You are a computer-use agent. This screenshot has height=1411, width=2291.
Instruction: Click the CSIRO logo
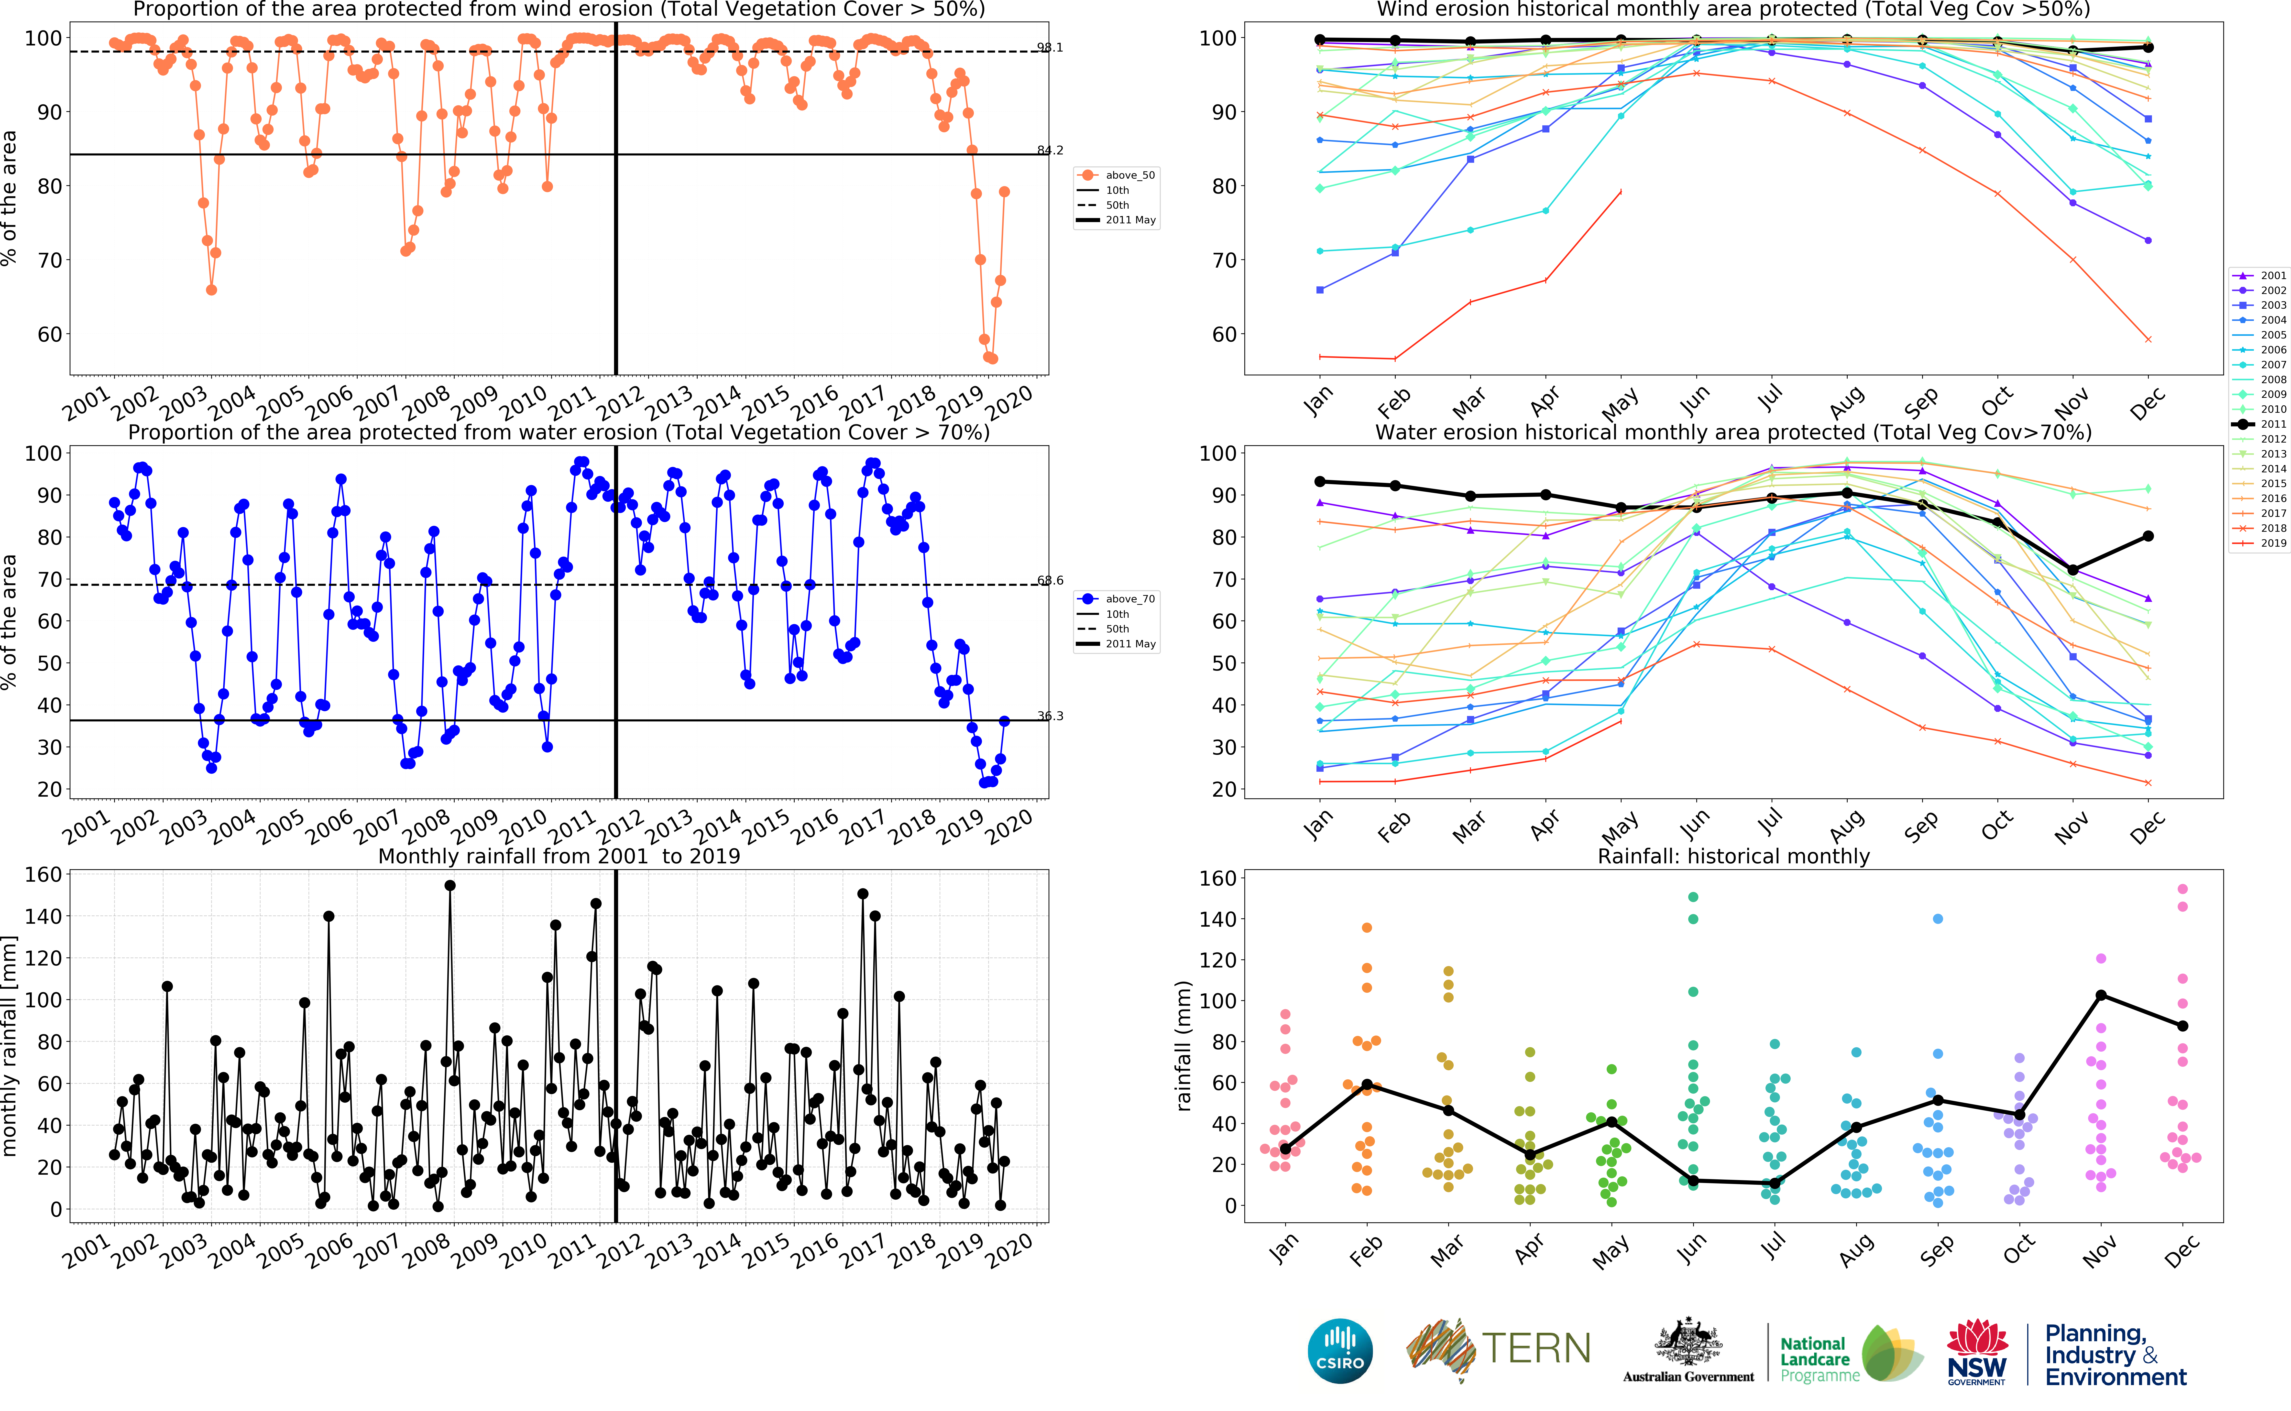(1340, 1350)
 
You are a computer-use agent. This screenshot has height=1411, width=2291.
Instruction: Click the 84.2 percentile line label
(1050, 150)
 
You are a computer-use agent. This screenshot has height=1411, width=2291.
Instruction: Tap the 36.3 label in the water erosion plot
(1050, 716)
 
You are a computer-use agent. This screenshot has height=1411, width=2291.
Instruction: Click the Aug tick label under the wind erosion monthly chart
(1846, 403)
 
